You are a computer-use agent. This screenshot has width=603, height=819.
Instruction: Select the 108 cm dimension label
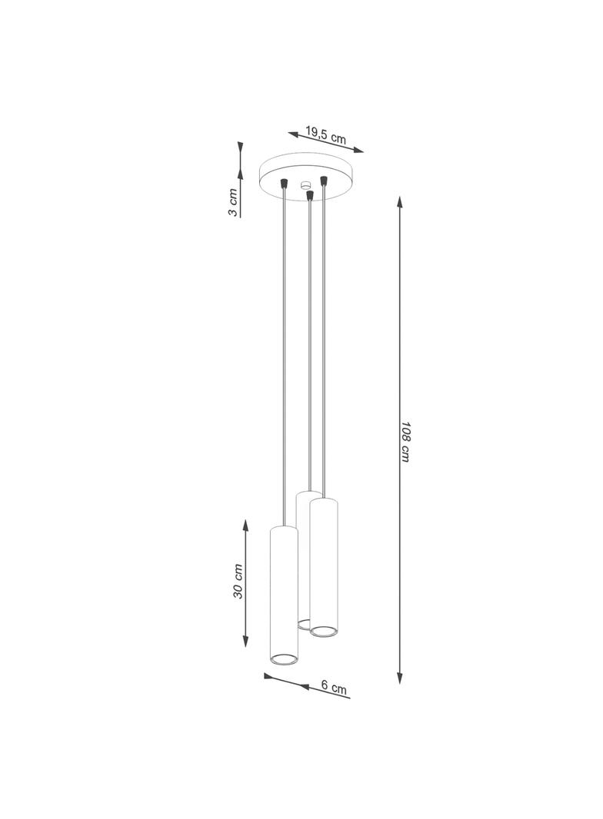pos(405,441)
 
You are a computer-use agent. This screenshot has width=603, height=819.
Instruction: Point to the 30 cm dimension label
pos(238,581)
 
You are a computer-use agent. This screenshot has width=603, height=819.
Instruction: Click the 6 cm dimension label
pos(334,687)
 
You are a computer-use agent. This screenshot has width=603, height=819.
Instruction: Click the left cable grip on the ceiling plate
pos(284,182)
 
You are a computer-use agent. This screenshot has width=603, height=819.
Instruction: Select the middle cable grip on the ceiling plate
pos(310,195)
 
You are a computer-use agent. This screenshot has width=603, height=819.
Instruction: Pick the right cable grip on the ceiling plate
pos(324,181)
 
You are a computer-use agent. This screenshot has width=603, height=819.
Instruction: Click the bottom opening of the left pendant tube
pos(284,659)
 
